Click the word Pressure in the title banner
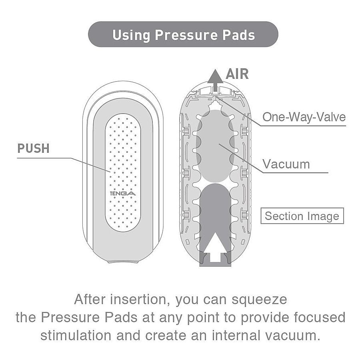186,35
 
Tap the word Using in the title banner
131,36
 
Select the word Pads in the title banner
239,35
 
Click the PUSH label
33,148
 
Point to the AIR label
237,74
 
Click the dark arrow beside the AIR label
215,80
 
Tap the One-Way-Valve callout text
304,117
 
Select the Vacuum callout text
286,164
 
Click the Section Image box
302,216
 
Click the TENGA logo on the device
123,193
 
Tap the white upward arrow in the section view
215,247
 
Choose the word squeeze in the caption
259,300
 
